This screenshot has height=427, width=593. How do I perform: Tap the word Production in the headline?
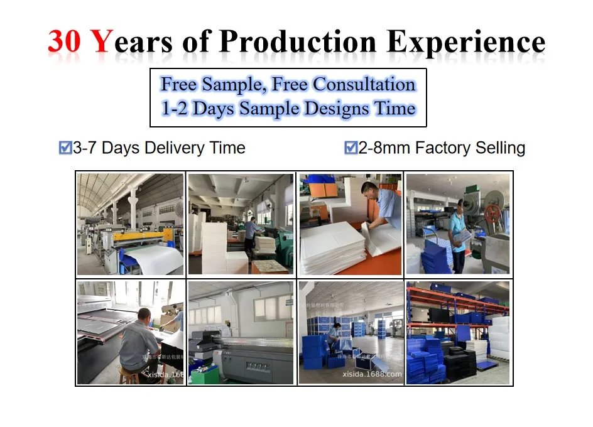pos(298,42)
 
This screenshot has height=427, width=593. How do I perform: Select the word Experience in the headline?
pos(466,42)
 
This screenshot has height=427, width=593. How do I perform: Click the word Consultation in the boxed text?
pos(364,84)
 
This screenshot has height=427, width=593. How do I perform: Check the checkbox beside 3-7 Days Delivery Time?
pos(65,148)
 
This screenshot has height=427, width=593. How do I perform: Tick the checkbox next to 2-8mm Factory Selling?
pos(351,148)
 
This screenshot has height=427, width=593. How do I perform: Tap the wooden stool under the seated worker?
pos(129,375)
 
